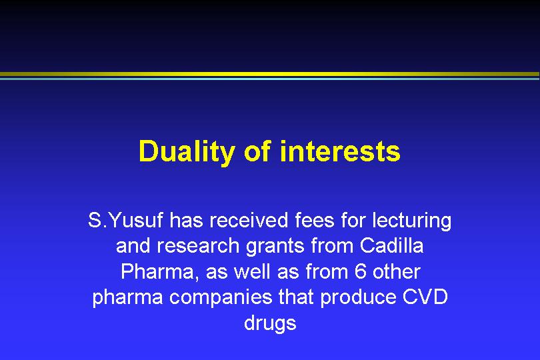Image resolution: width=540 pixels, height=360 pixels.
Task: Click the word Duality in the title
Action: tap(187, 152)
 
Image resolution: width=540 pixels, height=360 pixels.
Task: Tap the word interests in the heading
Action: tap(340, 151)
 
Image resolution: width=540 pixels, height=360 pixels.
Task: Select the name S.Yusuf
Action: tap(125, 220)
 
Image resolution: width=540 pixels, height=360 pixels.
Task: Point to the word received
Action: tap(249, 220)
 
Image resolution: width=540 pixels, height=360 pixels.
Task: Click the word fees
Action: tap(315, 220)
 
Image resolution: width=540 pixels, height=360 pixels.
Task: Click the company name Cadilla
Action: tap(391, 246)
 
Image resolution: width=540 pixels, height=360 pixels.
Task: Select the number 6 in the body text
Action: tap(360, 272)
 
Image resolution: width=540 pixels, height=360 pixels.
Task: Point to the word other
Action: tap(397, 271)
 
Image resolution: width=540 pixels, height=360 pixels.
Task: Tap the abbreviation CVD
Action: tap(425, 297)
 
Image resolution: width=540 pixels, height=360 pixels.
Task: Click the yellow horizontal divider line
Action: tap(270, 74)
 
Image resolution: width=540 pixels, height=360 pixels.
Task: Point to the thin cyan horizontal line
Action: tap(270, 79)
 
